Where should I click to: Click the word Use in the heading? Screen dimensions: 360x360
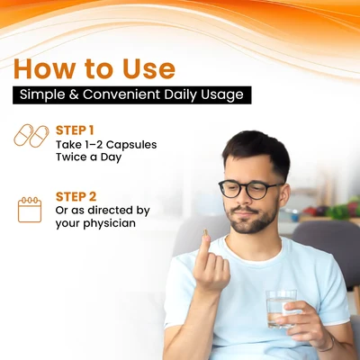pos(148,69)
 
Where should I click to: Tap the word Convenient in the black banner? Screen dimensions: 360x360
pos(121,94)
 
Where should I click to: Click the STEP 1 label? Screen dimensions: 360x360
pos(75,130)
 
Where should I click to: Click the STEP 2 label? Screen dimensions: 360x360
pos(76,197)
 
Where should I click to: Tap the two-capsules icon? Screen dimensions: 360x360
pos(31,136)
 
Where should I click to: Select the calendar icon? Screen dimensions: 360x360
pos(30,210)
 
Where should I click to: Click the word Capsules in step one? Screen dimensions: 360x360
pos(131,145)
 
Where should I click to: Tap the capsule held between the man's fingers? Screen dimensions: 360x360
pos(205,233)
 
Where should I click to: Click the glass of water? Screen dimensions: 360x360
pos(281,309)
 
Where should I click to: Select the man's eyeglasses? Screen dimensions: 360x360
pos(250,190)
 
